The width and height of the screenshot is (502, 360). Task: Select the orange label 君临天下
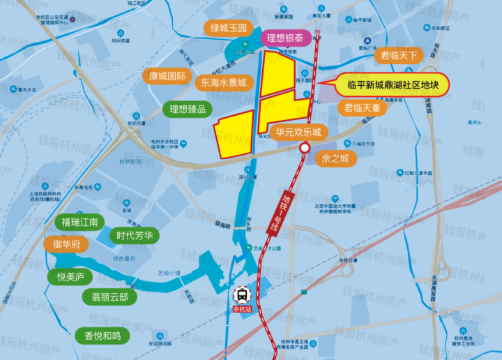[x=398, y=55]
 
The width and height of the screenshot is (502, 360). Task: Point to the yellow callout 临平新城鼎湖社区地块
[x=393, y=86]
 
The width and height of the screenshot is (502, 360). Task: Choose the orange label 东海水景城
[x=224, y=82]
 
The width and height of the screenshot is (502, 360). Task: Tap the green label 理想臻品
[x=188, y=109]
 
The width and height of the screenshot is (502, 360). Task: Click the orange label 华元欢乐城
[x=298, y=132]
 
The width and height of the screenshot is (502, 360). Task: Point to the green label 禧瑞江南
[x=79, y=223]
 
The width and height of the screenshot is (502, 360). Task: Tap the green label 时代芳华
[x=135, y=236]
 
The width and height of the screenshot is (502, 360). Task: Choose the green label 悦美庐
[x=70, y=277]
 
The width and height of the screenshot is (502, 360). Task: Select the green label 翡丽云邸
[x=109, y=297]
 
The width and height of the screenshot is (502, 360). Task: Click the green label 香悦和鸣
[x=102, y=336]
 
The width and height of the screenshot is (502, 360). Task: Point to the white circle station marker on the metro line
[x=305, y=148]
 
